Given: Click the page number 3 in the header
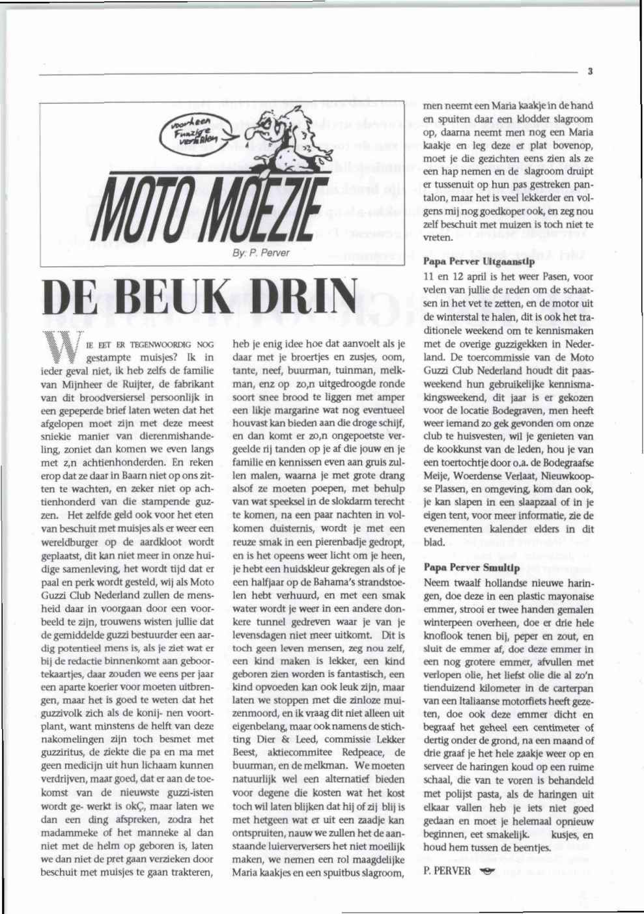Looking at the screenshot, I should (588, 72).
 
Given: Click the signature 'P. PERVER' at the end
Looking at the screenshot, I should (447, 871).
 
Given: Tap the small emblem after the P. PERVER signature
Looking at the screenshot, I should (485, 872).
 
